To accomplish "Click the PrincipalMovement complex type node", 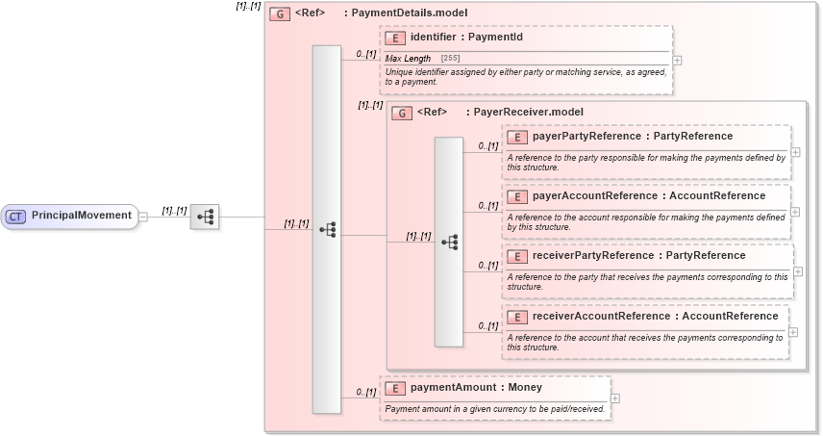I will tap(81, 216).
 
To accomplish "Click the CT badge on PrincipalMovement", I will tap(15, 216).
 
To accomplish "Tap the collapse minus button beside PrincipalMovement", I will tap(143, 217).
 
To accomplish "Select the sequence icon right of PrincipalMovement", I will tap(205, 217).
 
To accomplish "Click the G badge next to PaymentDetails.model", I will tap(280, 13).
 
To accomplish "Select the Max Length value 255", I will tap(450, 59).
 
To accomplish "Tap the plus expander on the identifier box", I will tap(678, 60).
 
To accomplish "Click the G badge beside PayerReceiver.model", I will tap(402, 113).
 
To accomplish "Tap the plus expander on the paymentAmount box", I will tap(615, 398).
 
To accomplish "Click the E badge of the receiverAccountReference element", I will tap(517, 317).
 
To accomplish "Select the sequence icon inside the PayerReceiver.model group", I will tap(448, 242).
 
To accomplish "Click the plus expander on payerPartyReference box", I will tap(795, 152).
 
